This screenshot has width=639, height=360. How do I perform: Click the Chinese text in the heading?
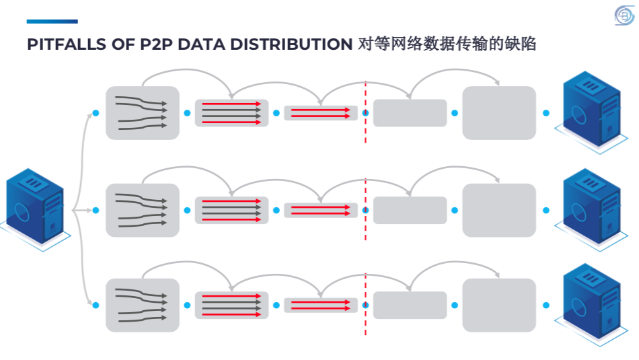coord(447,44)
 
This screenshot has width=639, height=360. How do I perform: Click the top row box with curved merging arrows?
coord(143,113)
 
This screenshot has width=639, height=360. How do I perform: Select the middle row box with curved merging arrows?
coord(143,210)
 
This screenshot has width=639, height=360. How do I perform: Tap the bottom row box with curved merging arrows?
coord(143,305)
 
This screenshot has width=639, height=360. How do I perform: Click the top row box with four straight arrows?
coord(231,113)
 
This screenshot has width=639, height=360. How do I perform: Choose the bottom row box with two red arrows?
coord(321,305)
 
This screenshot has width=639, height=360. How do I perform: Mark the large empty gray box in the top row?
coord(499,113)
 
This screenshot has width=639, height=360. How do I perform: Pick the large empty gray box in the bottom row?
coord(499,305)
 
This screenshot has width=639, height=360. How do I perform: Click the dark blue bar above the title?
coord(52,22)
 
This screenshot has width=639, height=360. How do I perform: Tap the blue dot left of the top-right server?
coord(546,113)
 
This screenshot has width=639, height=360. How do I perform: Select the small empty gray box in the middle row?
coord(410,210)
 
